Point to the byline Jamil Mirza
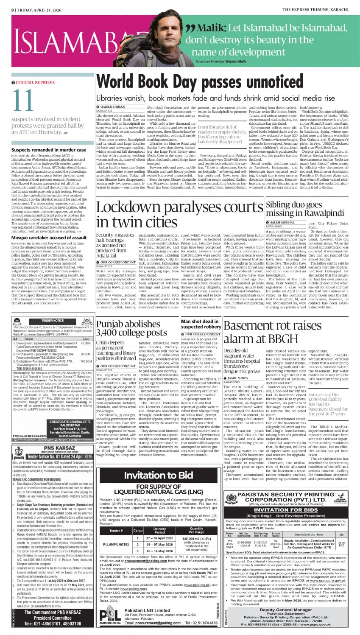pos(238,378)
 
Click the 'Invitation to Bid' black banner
pos(158,476)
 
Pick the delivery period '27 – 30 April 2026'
pos(159,538)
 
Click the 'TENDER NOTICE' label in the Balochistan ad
pos(53,321)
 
